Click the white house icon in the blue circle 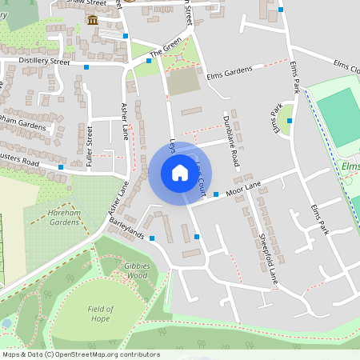(x=179, y=173)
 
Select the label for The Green (x=166, y=50)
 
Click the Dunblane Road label (x=230, y=141)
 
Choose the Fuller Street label (x=90, y=146)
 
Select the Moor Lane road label (x=244, y=188)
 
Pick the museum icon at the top (x=94, y=20)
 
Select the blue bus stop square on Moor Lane (x=216, y=194)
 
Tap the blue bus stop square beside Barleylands (x=152, y=238)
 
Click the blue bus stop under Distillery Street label (x=86, y=68)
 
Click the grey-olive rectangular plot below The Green (x=183, y=81)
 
